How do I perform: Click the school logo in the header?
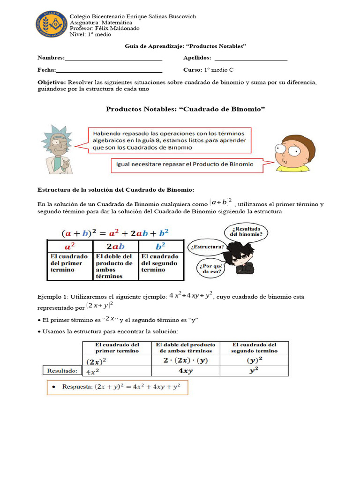pyautogui.click(x=51, y=24)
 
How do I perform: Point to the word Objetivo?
pyautogui.click(x=52, y=82)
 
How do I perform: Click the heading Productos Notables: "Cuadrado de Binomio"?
pyautogui.click(x=185, y=109)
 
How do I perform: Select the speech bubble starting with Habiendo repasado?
pyautogui.click(x=169, y=140)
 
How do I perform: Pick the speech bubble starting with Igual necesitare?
pyautogui.click(x=186, y=165)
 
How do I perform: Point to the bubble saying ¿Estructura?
pyautogui.click(x=207, y=247)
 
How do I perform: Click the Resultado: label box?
pyautogui.click(x=62, y=371)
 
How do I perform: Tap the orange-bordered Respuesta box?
pyautogui.click(x=118, y=388)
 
